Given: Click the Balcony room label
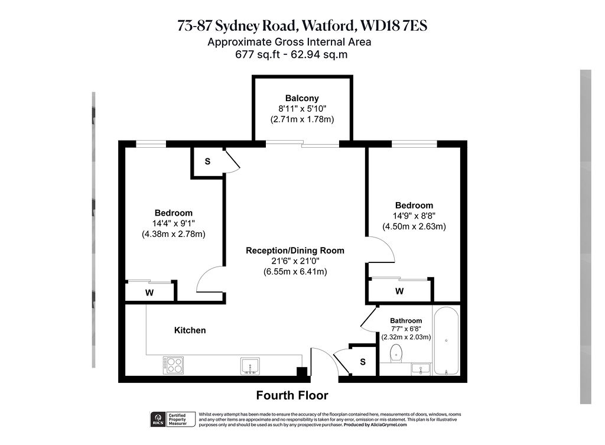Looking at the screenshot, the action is tap(302, 98).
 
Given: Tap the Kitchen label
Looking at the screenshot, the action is tap(190, 330).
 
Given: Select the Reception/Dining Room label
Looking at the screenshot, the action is tap(295, 251).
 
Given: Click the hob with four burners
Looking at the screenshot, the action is tap(173, 365).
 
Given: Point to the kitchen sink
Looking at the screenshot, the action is tap(250, 365).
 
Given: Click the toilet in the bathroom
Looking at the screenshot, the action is tap(396, 353).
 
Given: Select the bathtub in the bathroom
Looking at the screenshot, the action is tap(447, 341).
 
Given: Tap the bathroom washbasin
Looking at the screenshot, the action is tap(421, 369).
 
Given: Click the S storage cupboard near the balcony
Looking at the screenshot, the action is tap(207, 161).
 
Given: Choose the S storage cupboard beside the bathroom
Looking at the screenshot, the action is tap(363, 361).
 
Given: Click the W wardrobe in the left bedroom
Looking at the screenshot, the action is tap(149, 293).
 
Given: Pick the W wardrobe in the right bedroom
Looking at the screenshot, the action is tap(399, 290).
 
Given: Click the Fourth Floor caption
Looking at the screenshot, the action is tap(292, 395).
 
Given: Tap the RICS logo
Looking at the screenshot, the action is tap(158, 419).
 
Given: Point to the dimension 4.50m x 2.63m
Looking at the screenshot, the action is tap(414, 226).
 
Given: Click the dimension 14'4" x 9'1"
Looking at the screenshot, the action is tap(174, 223).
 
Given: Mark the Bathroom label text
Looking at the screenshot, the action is tap(406, 320).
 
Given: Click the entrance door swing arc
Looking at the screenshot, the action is tap(328, 355).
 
